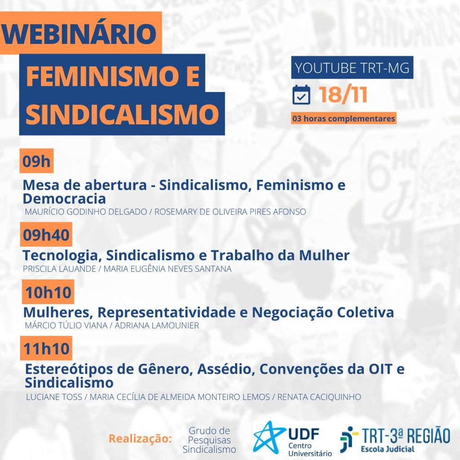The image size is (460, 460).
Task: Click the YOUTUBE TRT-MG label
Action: (x=352, y=68)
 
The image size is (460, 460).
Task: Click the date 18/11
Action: (x=343, y=94)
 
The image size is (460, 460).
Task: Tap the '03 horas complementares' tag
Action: (x=343, y=119)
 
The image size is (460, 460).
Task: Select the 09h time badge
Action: (x=36, y=161)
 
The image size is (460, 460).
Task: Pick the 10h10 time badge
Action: (x=48, y=292)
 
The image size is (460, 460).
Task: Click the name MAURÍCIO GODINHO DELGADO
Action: (x=86, y=212)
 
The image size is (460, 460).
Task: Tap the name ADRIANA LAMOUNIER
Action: (x=157, y=326)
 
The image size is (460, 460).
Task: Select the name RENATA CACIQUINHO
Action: (x=319, y=397)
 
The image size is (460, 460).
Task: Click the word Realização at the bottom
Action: (x=140, y=438)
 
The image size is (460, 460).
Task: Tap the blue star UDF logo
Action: (x=268, y=438)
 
